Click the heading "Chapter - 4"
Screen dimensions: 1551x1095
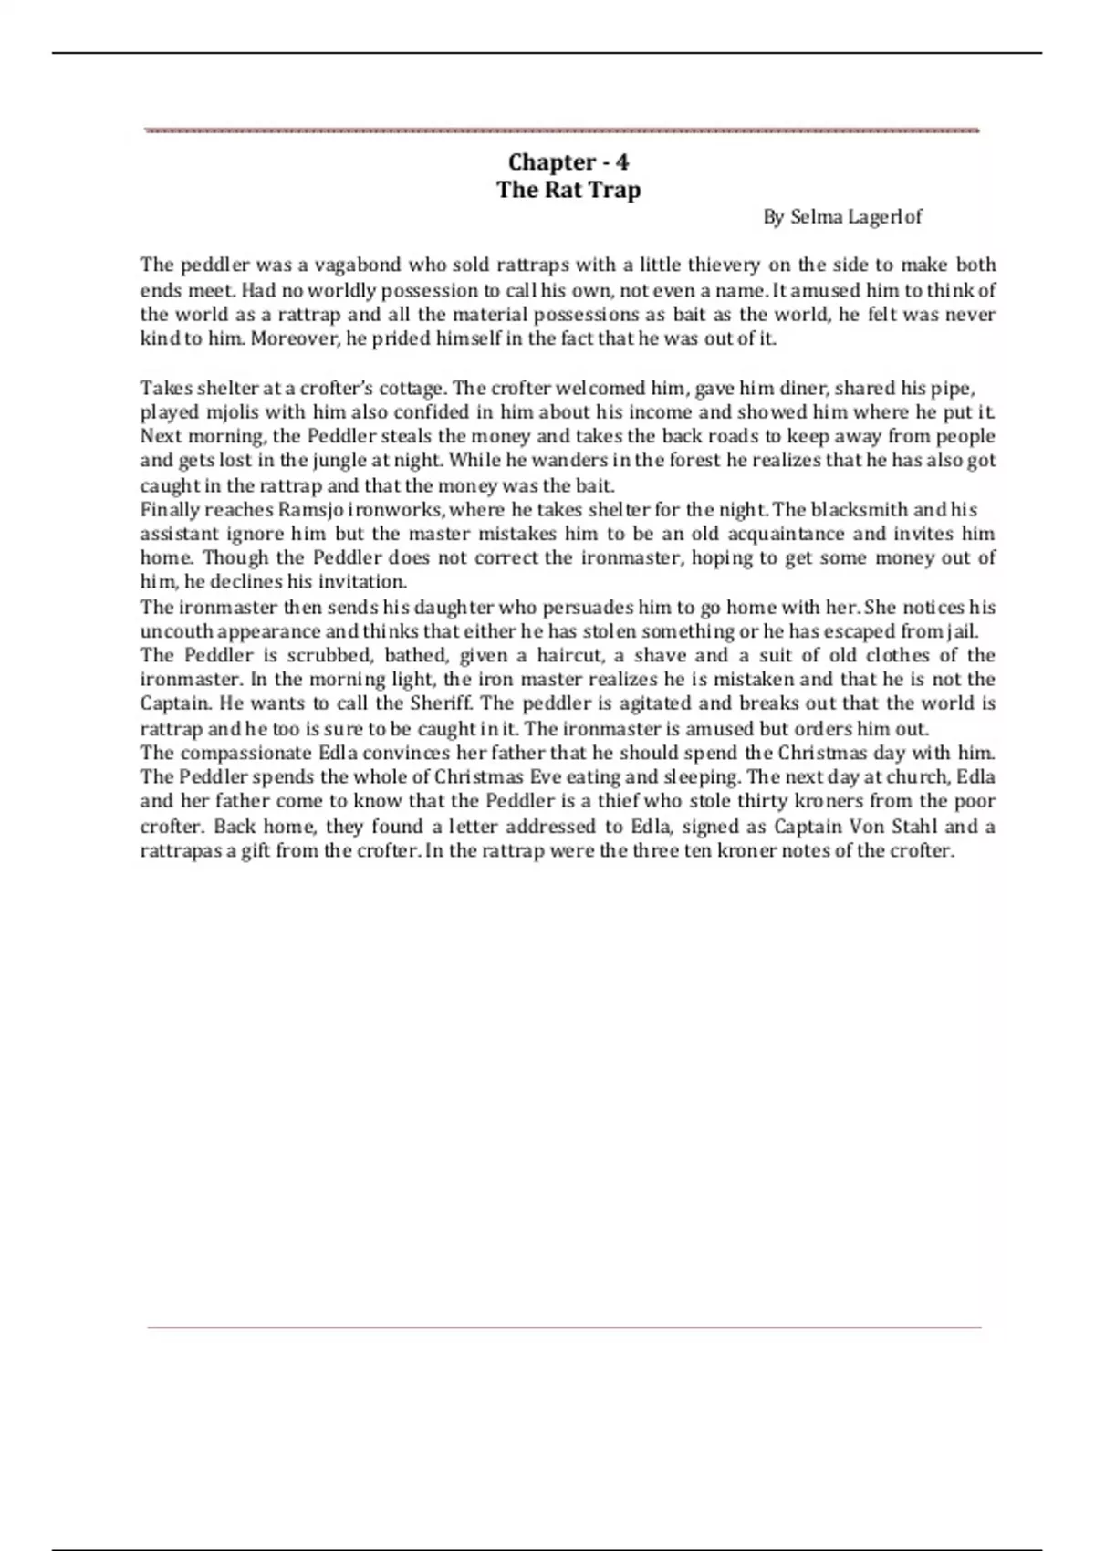[x=568, y=162]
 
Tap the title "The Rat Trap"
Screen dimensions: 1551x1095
[x=568, y=190]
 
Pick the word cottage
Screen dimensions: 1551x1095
[x=411, y=388]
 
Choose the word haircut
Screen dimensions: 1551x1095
[x=568, y=655]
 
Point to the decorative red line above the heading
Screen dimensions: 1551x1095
[x=562, y=130]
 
